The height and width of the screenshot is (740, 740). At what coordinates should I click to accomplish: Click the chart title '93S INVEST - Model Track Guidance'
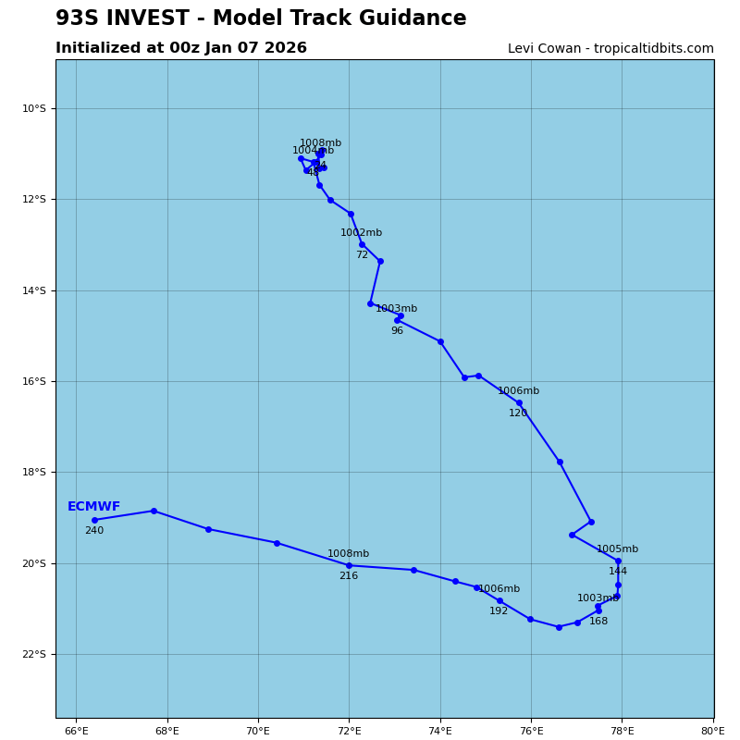[261, 18]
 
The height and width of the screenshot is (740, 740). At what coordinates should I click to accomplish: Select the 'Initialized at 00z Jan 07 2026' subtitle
[181, 48]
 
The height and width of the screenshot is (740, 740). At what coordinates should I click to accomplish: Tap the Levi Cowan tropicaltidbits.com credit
[610, 49]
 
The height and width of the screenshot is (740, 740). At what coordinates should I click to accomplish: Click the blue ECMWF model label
[93, 507]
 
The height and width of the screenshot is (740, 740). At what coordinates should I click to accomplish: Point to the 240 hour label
[94, 531]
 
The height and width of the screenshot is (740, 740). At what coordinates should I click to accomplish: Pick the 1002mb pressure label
[361, 233]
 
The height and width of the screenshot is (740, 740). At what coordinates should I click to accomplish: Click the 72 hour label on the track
[362, 255]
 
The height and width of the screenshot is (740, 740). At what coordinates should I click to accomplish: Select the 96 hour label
[397, 331]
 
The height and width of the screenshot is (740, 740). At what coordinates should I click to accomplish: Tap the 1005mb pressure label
[617, 549]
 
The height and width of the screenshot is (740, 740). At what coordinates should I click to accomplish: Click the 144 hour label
[618, 572]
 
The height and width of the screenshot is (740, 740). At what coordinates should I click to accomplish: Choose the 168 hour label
[598, 622]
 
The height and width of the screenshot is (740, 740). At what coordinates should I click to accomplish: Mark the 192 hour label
[499, 611]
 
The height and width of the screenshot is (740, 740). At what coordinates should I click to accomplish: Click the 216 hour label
[348, 576]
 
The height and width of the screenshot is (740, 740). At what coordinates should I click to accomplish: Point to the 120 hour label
[518, 413]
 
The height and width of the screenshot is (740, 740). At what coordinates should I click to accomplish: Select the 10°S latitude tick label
[34, 108]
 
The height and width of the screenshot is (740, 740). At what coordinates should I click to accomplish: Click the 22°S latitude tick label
[34, 654]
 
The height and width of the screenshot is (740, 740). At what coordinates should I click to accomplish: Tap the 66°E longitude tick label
[76, 732]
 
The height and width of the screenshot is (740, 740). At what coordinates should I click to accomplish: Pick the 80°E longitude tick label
[712, 732]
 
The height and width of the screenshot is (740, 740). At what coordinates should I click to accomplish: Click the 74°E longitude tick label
[440, 732]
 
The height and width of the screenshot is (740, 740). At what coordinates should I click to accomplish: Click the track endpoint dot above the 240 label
[94, 520]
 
